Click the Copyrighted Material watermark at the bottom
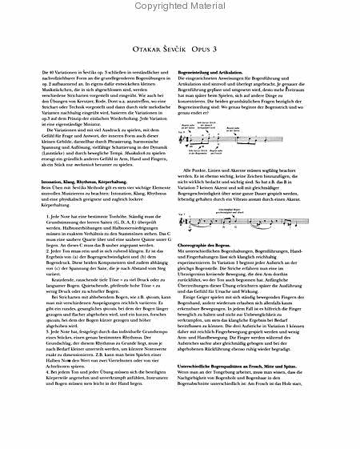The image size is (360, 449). point(180,443)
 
